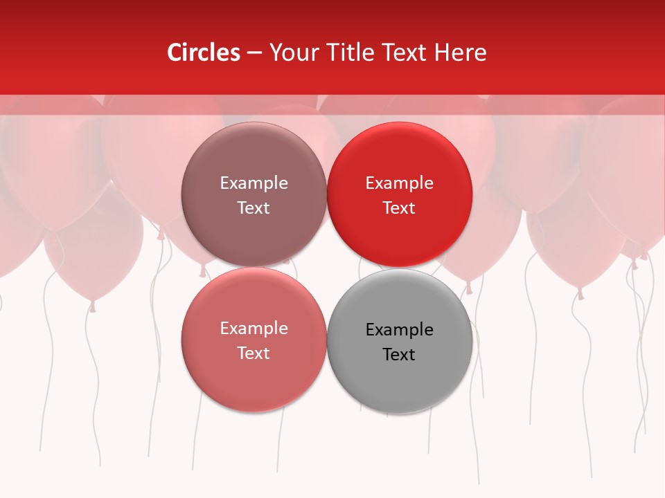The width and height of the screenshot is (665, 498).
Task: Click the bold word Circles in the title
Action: pos(204,53)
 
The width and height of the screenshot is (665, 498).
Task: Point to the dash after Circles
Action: pos(254,53)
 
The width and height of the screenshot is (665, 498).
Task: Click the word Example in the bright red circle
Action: pos(399,183)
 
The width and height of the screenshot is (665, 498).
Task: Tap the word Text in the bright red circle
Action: pos(399,207)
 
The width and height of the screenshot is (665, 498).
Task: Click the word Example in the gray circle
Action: pos(399,330)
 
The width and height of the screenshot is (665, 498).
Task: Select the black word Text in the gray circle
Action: pos(399,354)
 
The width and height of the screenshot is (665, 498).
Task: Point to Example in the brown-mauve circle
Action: pos(254,183)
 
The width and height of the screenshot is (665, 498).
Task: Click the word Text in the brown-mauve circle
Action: pos(254,207)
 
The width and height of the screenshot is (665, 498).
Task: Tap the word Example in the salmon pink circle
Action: pos(254,329)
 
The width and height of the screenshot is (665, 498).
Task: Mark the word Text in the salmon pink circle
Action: pos(254,353)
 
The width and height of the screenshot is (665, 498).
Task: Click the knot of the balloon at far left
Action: pos(92,305)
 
